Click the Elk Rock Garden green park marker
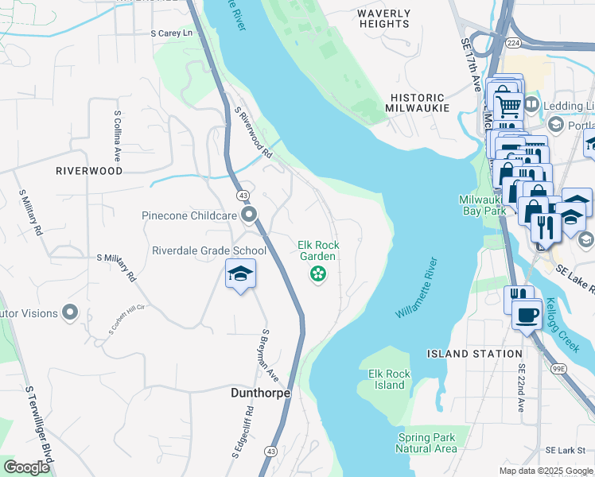(x=318, y=275)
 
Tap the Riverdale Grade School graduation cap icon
(x=240, y=274)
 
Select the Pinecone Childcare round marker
(x=250, y=215)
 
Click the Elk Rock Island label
(x=389, y=379)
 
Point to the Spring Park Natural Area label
(x=427, y=443)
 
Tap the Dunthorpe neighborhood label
(x=260, y=393)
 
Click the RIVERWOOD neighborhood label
(x=89, y=171)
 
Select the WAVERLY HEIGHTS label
(x=383, y=19)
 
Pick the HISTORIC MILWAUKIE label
(x=419, y=102)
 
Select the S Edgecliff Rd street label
(x=243, y=432)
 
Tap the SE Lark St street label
(x=570, y=450)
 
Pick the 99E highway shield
(x=559, y=369)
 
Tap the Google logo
(x=26, y=467)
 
